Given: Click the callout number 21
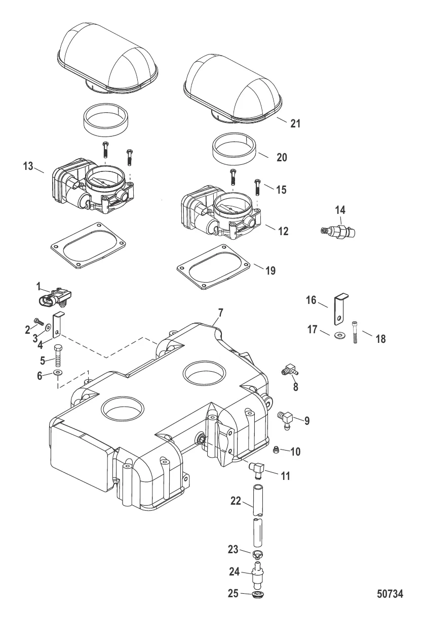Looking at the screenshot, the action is (x=295, y=123).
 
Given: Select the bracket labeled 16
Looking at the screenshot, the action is (x=340, y=309).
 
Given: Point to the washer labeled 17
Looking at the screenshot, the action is (x=338, y=335).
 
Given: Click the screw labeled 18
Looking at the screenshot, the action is (x=355, y=332).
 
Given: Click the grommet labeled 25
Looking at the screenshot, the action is (x=258, y=594).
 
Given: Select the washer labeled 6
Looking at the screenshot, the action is (x=57, y=372).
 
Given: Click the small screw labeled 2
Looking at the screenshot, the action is (x=38, y=321).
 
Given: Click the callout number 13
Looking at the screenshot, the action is (x=28, y=167).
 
